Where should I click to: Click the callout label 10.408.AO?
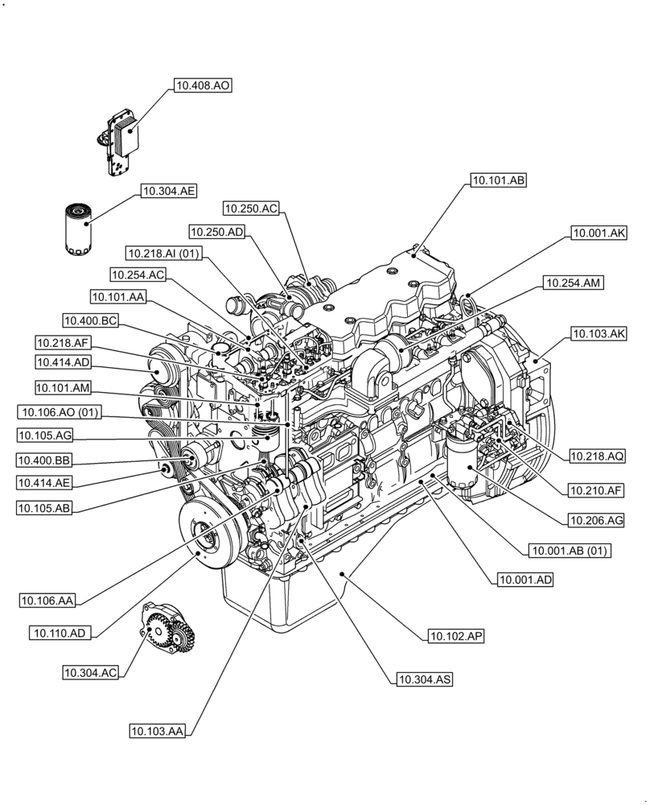point(203,85)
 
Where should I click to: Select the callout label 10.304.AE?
point(169,191)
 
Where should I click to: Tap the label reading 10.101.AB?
point(499,181)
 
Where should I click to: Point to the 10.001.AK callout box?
point(599,233)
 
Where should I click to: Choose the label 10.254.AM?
point(573,282)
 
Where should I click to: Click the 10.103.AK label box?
point(599,332)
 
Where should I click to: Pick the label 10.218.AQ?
point(597,456)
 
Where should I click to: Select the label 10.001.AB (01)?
point(569,551)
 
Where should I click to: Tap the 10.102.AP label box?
point(456,636)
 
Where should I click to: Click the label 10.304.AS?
point(424,680)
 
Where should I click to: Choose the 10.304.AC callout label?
point(92,671)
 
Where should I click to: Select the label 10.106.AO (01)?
point(59,412)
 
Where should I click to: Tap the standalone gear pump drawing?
point(167,630)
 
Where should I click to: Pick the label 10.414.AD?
point(63,362)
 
